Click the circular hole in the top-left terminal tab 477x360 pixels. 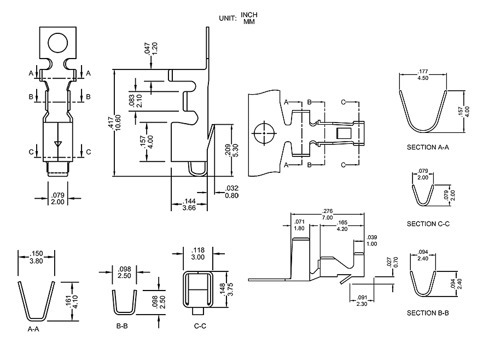tap(57, 42)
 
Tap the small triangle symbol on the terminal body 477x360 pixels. tap(57, 144)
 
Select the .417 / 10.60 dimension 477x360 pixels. tap(110, 123)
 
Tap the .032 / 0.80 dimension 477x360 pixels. tap(231, 192)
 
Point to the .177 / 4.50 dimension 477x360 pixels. tap(423, 74)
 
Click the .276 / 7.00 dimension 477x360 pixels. tap(328, 214)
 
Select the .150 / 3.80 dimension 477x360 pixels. tap(37, 257)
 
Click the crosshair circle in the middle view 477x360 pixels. tap(264, 132)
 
